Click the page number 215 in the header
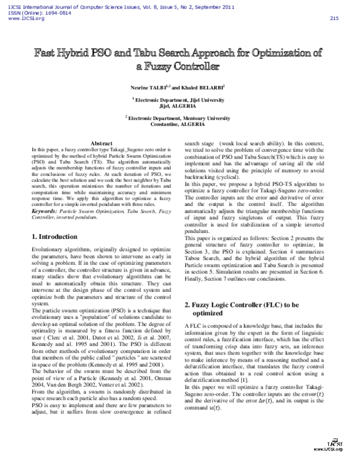[x=334, y=18]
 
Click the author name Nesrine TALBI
[x=148, y=87]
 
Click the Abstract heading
[x=101, y=143]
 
